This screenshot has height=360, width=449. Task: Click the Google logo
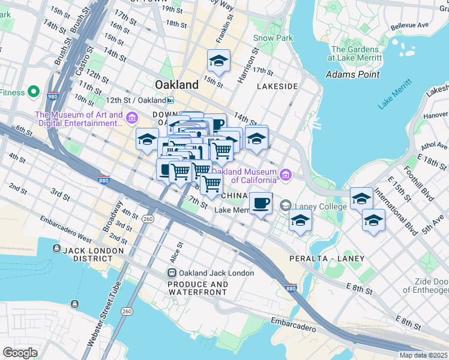(20, 353)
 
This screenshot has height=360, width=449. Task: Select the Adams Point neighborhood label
(352, 74)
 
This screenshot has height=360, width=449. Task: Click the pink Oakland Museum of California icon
(286, 175)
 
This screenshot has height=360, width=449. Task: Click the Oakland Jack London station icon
(172, 273)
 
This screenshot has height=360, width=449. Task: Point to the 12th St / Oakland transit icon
(171, 100)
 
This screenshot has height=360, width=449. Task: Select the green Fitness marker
(34, 93)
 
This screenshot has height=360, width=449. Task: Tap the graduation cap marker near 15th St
(218, 60)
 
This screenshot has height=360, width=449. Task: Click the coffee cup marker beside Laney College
(260, 203)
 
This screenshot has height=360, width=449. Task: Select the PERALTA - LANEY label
(327, 258)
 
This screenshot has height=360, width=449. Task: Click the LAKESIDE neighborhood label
(277, 86)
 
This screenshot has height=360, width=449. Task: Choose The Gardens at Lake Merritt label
(355, 53)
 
